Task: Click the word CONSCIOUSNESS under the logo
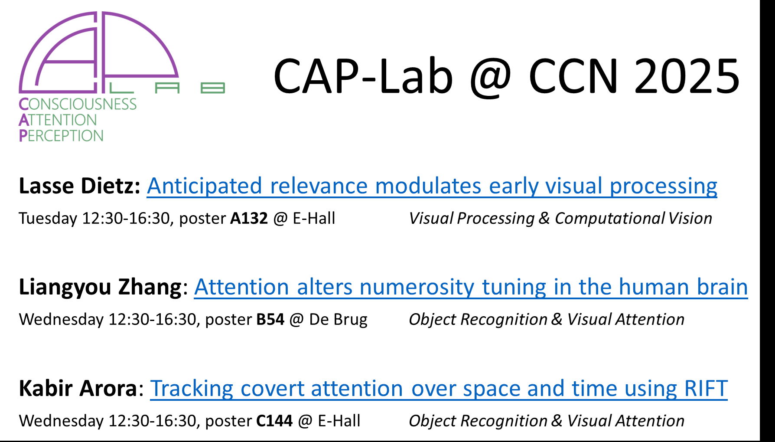click(x=78, y=104)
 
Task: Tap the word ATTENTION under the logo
click(x=58, y=120)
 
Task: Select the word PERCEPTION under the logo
click(x=61, y=136)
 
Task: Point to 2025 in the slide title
click(x=687, y=76)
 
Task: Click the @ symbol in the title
click(x=491, y=78)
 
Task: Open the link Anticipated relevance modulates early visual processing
click(x=432, y=186)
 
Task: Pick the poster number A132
click(x=249, y=218)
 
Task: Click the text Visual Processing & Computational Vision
click(x=560, y=218)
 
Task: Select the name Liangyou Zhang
click(x=100, y=288)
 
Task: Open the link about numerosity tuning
click(x=471, y=287)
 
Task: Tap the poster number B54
click(x=270, y=320)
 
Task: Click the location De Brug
click(x=338, y=320)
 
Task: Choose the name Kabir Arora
click(x=78, y=388)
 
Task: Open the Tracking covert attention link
click(x=439, y=389)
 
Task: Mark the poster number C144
click(x=274, y=421)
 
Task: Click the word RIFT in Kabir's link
click(x=706, y=388)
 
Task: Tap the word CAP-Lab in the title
click(x=363, y=76)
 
